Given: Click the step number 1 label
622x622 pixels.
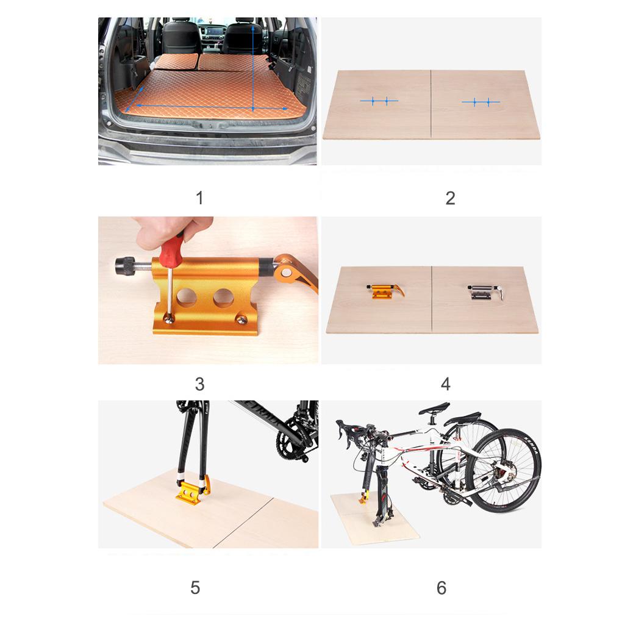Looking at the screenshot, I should [199, 198].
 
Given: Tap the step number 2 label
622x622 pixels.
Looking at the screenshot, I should [450, 198].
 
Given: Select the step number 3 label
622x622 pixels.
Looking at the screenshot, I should [199, 385].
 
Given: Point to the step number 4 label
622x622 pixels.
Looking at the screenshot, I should [445, 385].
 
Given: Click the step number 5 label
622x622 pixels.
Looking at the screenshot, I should [195, 588].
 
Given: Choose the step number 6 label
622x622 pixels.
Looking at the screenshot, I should [441, 588].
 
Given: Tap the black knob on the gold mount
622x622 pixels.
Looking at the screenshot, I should [123, 266].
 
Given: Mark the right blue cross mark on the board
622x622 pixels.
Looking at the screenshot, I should [481, 102].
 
